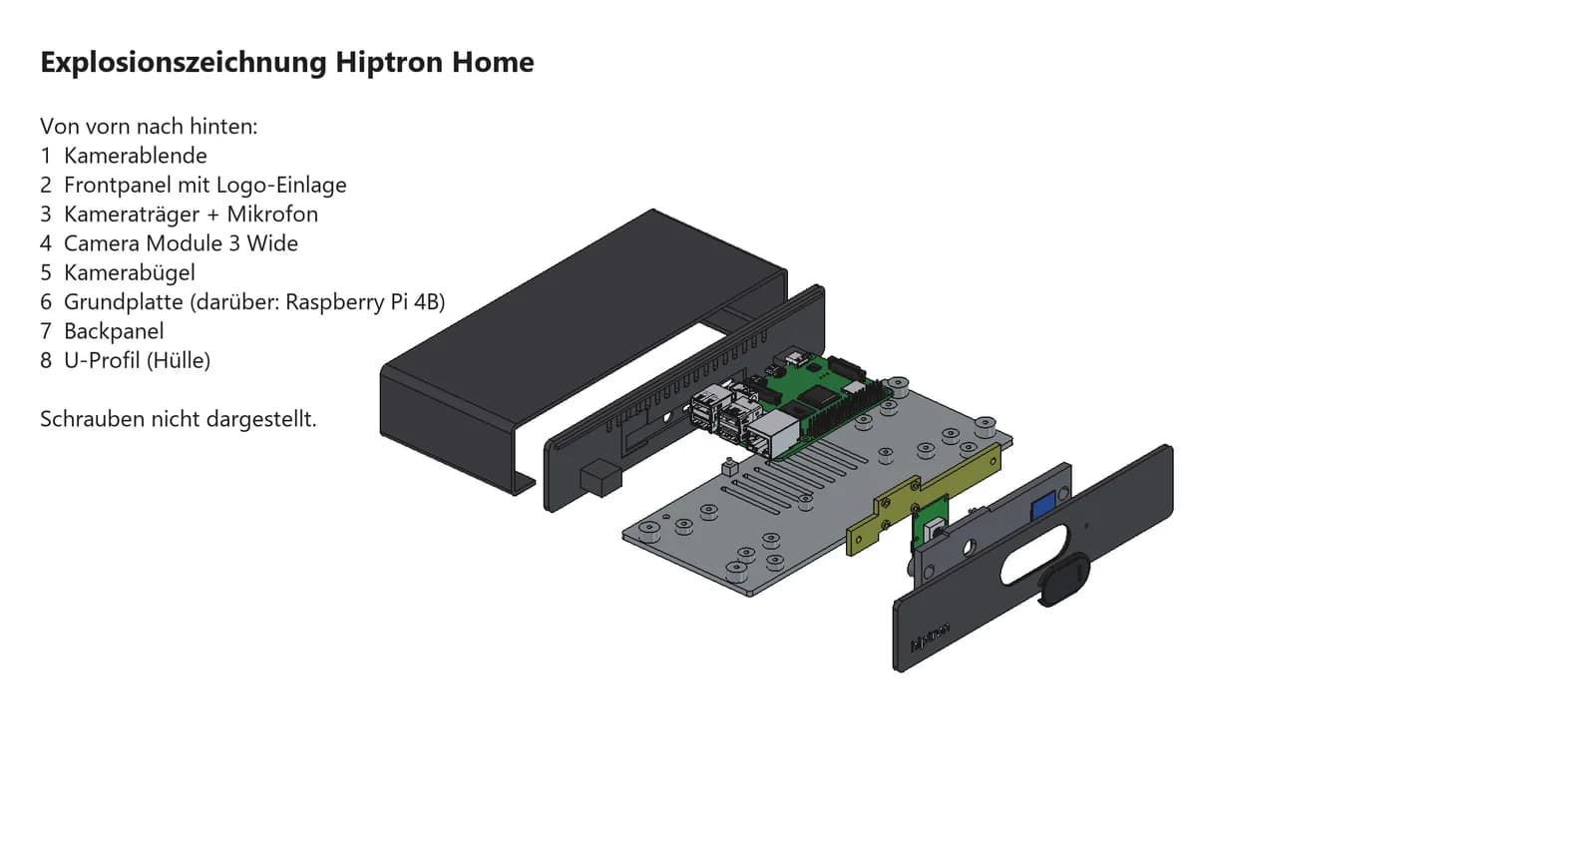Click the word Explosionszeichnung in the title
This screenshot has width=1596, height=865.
[x=184, y=63]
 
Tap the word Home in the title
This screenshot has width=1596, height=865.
[x=493, y=62]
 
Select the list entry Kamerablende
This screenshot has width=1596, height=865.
[x=136, y=156]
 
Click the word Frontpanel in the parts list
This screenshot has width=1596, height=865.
[x=118, y=186]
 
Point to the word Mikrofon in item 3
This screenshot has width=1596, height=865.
[x=272, y=214]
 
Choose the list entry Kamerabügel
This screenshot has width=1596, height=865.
[x=129, y=273]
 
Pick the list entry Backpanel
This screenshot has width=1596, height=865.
[x=114, y=331]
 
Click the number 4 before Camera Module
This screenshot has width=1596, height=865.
[x=46, y=243]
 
